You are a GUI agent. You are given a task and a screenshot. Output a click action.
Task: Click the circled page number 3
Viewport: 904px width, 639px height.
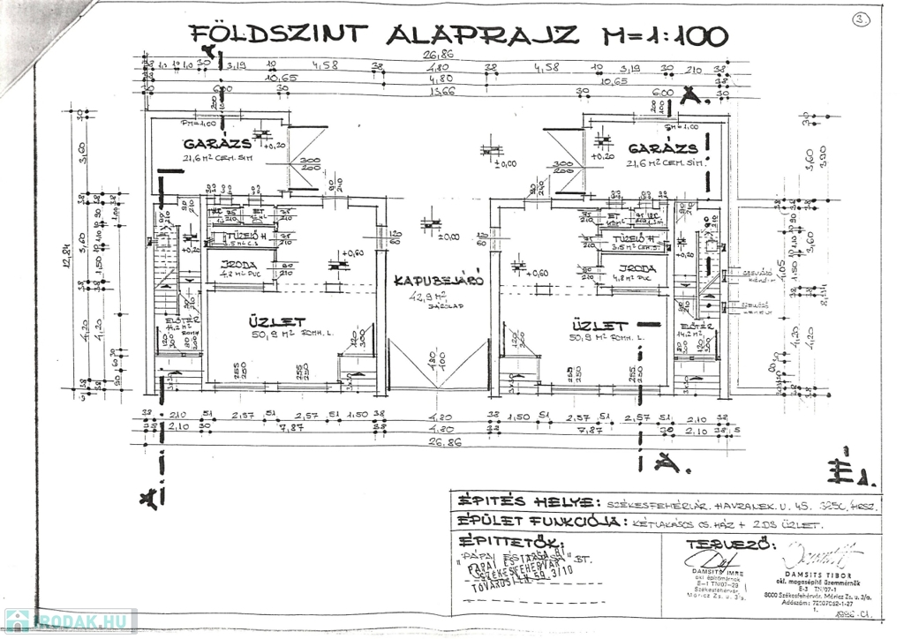pyautogui.click(x=861, y=19)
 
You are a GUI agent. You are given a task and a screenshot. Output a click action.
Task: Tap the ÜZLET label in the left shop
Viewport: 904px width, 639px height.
pyautogui.click(x=276, y=324)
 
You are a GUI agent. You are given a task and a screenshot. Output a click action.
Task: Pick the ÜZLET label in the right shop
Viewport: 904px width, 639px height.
pyautogui.click(x=599, y=325)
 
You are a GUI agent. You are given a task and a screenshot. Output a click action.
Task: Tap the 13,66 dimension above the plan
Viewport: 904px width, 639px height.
pyautogui.click(x=439, y=90)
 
